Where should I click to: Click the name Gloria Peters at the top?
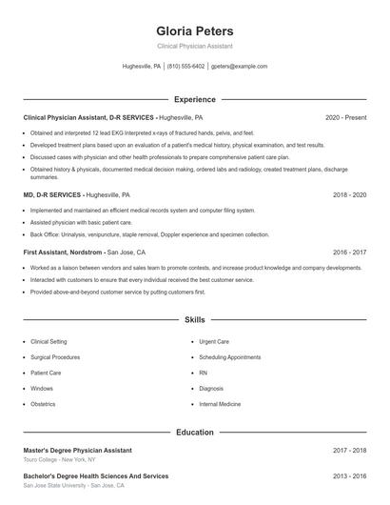tap(194, 30)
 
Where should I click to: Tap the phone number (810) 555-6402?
tap(185, 67)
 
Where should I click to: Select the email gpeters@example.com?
tap(239, 67)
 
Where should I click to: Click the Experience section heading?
tap(194, 99)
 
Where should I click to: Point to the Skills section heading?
tap(194, 320)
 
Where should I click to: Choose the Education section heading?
tap(194, 432)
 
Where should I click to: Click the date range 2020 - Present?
tap(345, 117)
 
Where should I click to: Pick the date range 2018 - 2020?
tap(349, 194)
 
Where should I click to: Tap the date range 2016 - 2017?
tap(349, 252)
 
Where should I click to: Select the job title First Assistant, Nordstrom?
tap(63, 252)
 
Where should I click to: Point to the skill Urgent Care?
tap(214, 341)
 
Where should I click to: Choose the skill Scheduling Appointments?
tap(229, 356)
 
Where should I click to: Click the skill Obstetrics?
tap(43, 404)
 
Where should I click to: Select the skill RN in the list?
tap(204, 373)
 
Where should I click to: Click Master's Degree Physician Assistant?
tap(78, 450)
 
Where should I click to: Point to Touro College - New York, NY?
tap(61, 459)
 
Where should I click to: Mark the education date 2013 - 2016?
tap(349, 475)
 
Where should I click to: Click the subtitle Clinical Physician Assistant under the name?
tap(194, 46)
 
